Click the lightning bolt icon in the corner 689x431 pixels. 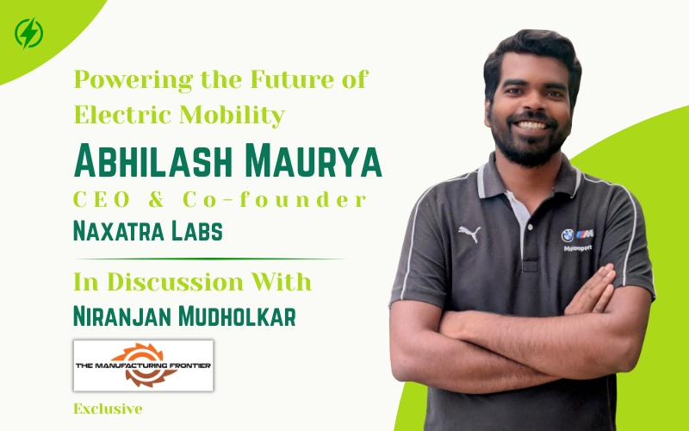[x=29, y=33]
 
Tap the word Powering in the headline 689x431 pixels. [x=133, y=80]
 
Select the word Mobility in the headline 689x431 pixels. [x=233, y=116]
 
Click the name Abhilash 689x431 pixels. [x=153, y=160]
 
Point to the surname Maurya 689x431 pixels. [x=313, y=160]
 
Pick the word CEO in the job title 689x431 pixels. [x=102, y=200]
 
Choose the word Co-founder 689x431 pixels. [x=275, y=200]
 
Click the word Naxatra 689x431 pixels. [x=119, y=231]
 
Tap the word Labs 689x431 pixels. [x=197, y=231]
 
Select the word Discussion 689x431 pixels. [x=175, y=282]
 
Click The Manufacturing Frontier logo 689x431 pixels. [x=143, y=365]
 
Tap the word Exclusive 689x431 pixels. [x=109, y=409]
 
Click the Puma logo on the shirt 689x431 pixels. [x=469, y=234]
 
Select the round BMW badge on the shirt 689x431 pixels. [x=568, y=235]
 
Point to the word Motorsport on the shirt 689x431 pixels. [x=578, y=248]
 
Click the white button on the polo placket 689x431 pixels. [x=531, y=227]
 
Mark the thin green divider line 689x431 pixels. [x=209, y=259]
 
